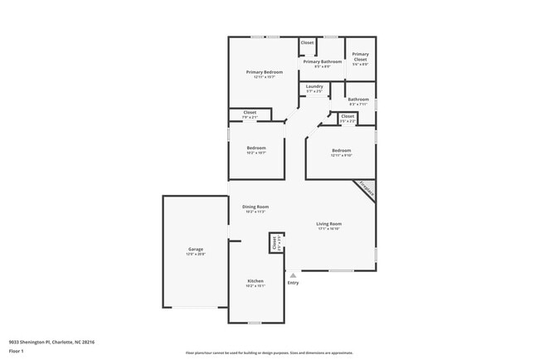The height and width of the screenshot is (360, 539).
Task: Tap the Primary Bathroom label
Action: [323, 61]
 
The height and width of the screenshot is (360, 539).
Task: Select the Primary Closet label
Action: [360, 57]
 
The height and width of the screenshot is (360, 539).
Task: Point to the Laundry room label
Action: [314, 86]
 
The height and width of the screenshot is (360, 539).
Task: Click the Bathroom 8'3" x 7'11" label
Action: [358, 100]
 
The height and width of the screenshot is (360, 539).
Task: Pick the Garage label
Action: [196, 249]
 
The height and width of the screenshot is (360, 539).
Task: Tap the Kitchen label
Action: [255, 281]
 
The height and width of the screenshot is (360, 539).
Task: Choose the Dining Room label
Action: [255, 207]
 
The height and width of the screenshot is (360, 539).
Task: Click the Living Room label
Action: [329, 224]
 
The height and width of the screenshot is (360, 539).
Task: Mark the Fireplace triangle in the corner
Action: [366, 189]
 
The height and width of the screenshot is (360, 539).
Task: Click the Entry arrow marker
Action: [292, 275]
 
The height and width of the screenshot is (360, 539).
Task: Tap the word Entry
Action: [293, 284]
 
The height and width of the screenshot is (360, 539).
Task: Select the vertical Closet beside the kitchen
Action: [274, 242]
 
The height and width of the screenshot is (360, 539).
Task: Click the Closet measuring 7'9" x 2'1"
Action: [250, 113]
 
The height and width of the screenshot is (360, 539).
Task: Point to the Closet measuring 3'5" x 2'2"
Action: [347, 117]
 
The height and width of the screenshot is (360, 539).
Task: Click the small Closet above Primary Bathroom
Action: [307, 42]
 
